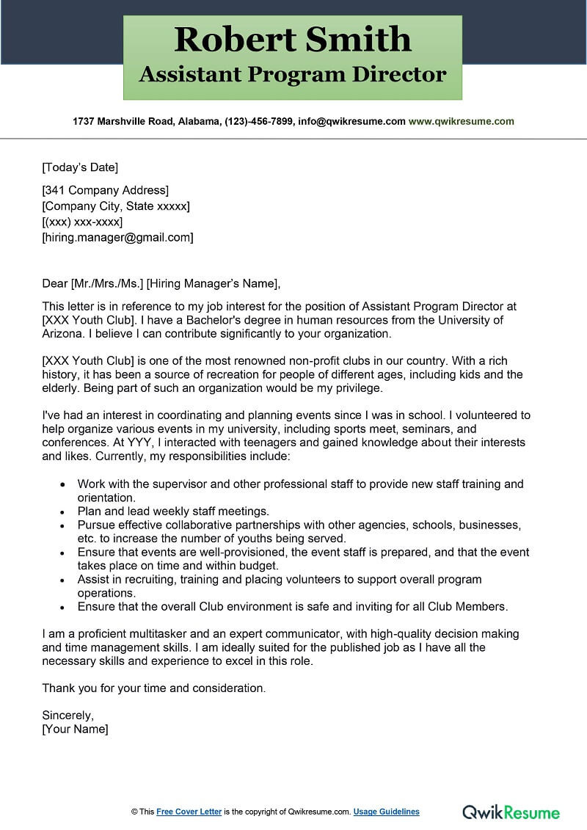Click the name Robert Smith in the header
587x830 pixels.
click(x=293, y=39)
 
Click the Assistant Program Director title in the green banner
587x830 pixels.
click(x=293, y=74)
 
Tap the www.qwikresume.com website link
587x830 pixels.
click(x=461, y=121)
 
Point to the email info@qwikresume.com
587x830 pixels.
click(x=351, y=121)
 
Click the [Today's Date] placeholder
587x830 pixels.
click(x=80, y=167)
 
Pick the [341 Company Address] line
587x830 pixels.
click(x=105, y=191)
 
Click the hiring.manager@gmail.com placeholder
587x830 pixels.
click(x=117, y=237)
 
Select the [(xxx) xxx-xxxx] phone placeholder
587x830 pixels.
click(x=82, y=222)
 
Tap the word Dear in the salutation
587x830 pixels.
click(x=54, y=283)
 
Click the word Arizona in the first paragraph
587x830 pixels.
click(x=63, y=334)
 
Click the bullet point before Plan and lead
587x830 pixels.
click(x=62, y=512)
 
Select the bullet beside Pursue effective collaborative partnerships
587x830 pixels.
click(x=62, y=525)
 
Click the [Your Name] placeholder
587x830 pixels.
click(x=75, y=729)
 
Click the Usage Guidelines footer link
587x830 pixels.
click(x=386, y=812)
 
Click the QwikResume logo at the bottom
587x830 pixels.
click(x=511, y=812)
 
